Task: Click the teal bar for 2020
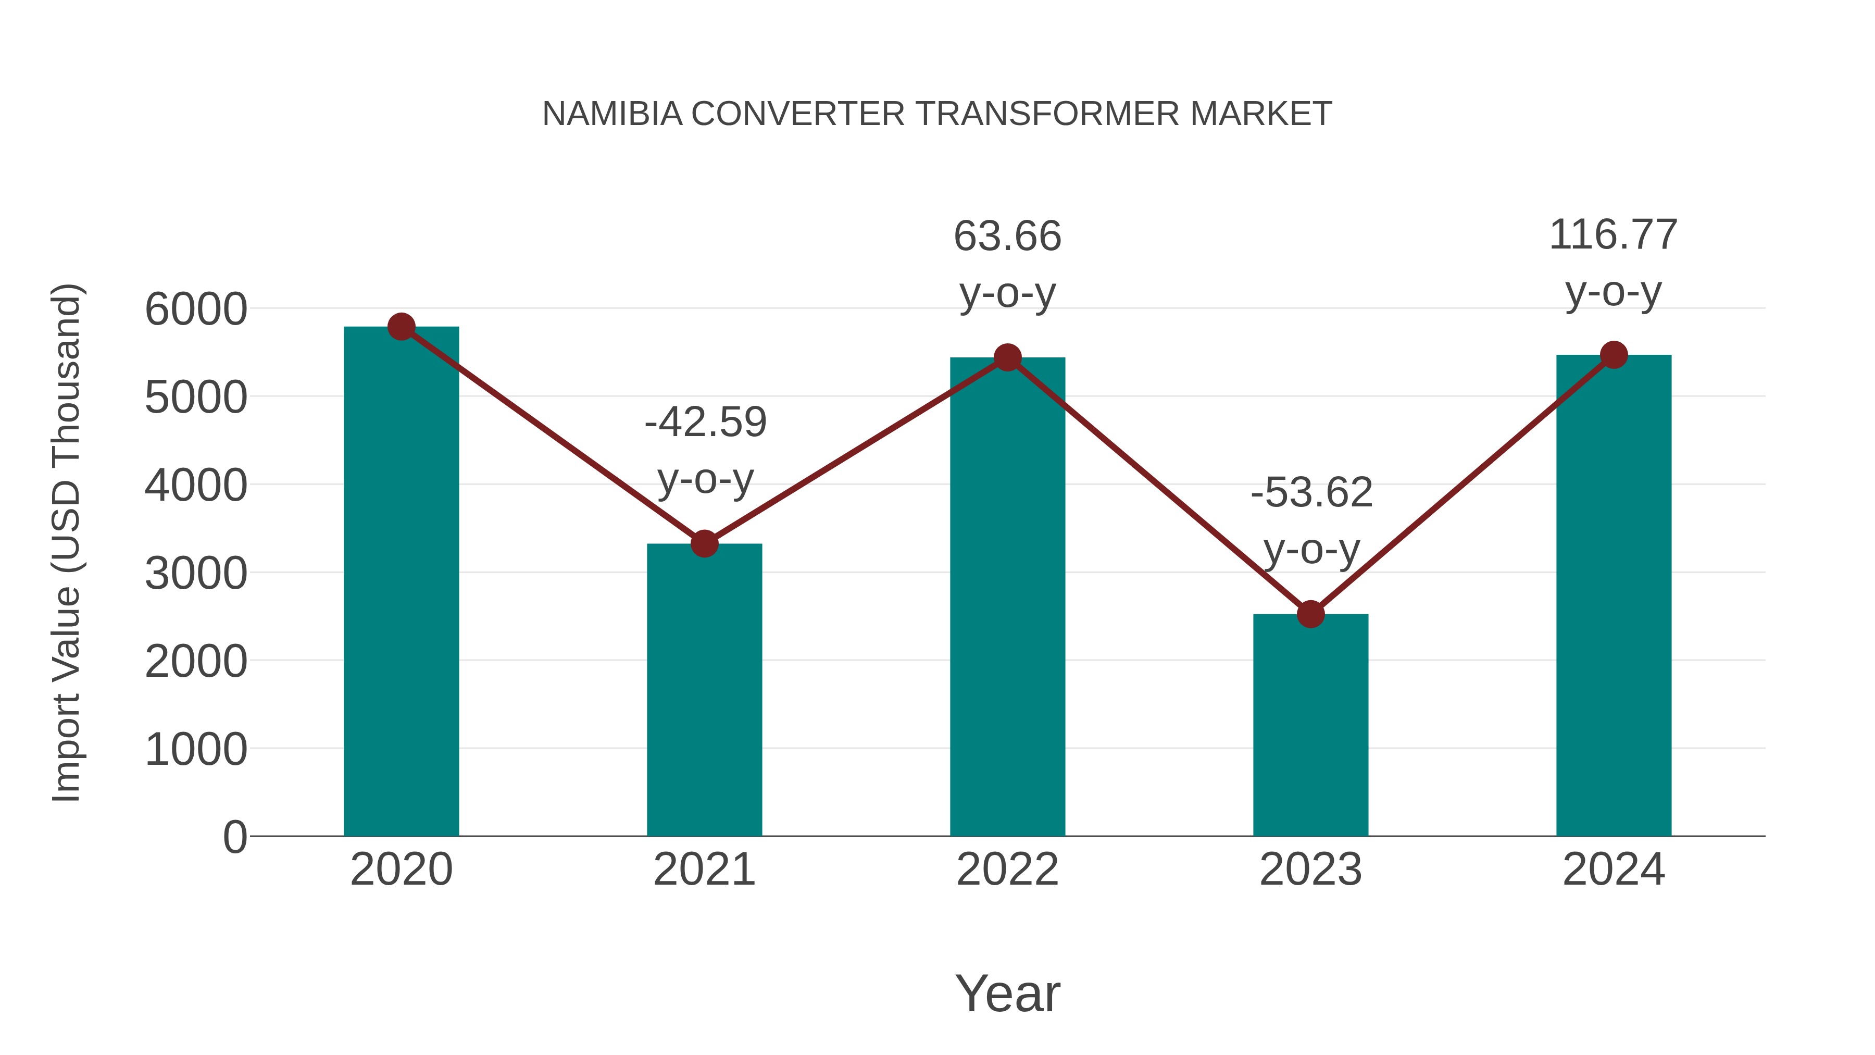click(401, 582)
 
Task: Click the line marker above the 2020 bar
click(401, 327)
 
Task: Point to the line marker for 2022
click(1007, 357)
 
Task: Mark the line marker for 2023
click(1310, 615)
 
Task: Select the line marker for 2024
click(1614, 355)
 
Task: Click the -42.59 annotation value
click(705, 423)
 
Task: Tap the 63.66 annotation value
click(1007, 237)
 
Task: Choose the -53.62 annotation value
click(1311, 493)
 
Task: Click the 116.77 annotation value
click(1613, 235)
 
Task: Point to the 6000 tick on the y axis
click(196, 309)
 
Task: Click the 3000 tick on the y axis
click(196, 574)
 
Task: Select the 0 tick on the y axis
click(234, 837)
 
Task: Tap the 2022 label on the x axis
click(1007, 870)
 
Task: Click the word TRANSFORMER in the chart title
click(1047, 114)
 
